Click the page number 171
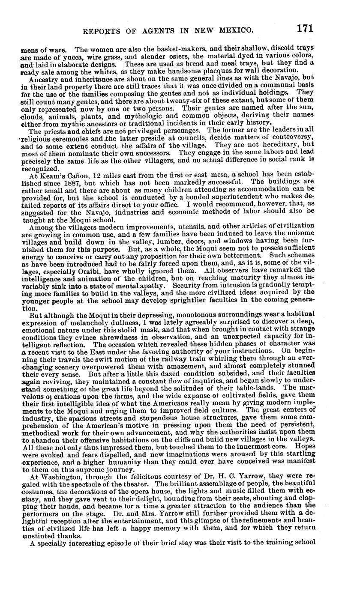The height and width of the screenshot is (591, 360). pos(304,29)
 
